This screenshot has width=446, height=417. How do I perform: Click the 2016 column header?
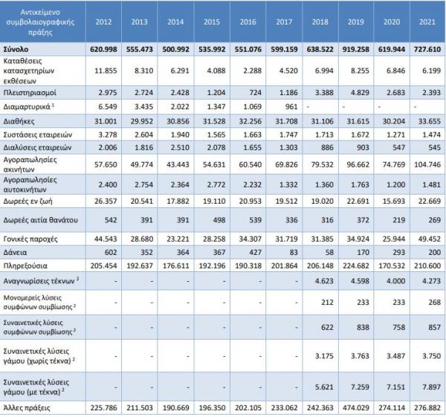tap(248, 22)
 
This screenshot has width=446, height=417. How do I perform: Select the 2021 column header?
tap(427, 22)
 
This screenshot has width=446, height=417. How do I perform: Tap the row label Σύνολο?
tap(16, 49)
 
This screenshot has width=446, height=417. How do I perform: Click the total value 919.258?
tap(355, 49)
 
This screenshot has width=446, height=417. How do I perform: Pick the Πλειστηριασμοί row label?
tap(30, 93)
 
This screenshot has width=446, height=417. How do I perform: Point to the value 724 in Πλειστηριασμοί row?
tap(255, 93)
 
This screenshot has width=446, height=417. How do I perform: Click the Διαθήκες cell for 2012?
tap(106, 121)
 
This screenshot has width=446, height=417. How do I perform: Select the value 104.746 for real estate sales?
tap(427, 164)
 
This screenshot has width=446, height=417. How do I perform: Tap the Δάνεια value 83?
tap(294, 252)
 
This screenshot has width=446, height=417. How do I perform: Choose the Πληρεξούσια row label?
tap(25, 266)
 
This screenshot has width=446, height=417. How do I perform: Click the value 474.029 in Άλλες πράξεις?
tap(355, 408)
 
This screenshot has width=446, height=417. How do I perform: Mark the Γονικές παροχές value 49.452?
tap(430, 239)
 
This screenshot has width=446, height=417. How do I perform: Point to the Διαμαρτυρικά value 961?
tap(291, 107)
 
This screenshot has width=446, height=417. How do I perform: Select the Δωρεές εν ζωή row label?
tap(28, 201)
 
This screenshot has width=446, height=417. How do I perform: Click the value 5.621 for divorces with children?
tap(324, 387)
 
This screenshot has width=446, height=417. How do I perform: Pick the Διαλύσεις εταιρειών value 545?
tap(434, 148)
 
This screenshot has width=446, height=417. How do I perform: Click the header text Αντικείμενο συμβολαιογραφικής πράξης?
tap(40, 22)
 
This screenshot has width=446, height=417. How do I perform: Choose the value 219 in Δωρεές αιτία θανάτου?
tap(398, 220)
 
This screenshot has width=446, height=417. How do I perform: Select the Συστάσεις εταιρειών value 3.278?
tap(108, 135)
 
